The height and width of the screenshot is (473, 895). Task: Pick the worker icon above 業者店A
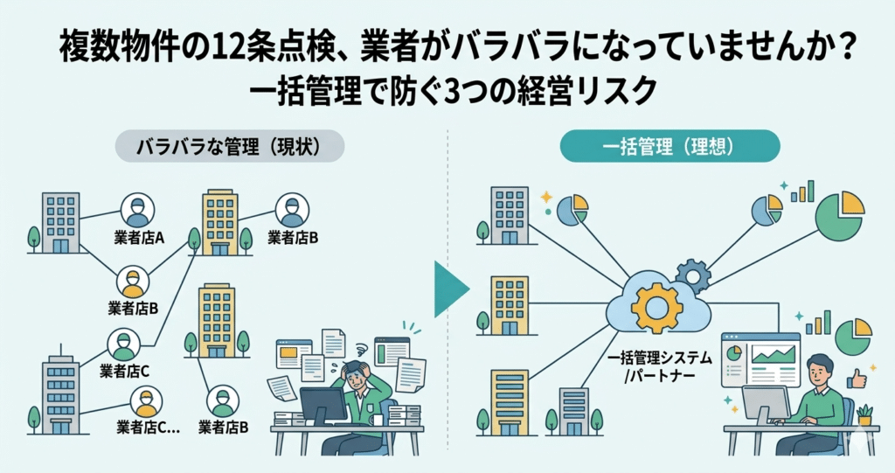(x=137, y=210)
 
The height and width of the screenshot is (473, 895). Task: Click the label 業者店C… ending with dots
(x=148, y=428)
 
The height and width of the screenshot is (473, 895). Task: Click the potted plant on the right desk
(x=864, y=414)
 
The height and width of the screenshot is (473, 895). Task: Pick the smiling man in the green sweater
(x=817, y=398)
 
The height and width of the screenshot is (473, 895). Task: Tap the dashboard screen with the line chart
(x=760, y=358)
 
